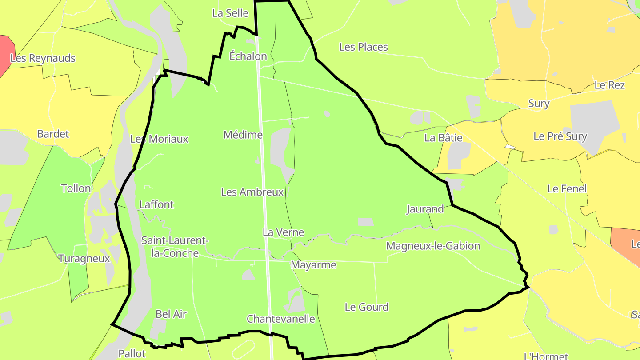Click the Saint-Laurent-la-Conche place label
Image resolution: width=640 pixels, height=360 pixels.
click(x=175, y=247)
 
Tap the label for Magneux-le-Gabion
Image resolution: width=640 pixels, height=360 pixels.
click(x=433, y=246)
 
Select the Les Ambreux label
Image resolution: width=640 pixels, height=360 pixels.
click(x=252, y=192)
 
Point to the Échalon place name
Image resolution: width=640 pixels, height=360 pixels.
click(x=248, y=56)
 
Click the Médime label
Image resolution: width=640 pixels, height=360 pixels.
click(x=243, y=134)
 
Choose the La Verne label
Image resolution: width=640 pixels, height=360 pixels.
click(x=283, y=232)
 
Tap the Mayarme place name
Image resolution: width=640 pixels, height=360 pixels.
click(x=313, y=265)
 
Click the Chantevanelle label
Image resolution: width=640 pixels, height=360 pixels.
click(x=280, y=319)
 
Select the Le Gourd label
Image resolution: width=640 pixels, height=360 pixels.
click(x=366, y=307)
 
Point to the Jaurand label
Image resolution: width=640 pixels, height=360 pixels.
click(x=425, y=208)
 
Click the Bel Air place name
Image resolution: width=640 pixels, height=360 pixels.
click(x=171, y=314)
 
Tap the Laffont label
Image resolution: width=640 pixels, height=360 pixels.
click(x=156, y=204)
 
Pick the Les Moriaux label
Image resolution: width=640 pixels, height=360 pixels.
click(x=159, y=139)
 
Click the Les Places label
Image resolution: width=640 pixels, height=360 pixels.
click(x=363, y=47)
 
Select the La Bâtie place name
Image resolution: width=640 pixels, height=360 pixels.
click(x=443, y=137)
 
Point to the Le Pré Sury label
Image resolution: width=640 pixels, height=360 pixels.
click(x=560, y=136)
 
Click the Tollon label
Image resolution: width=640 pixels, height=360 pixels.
click(x=76, y=188)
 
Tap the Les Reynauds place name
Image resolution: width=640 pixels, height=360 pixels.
click(x=43, y=58)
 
